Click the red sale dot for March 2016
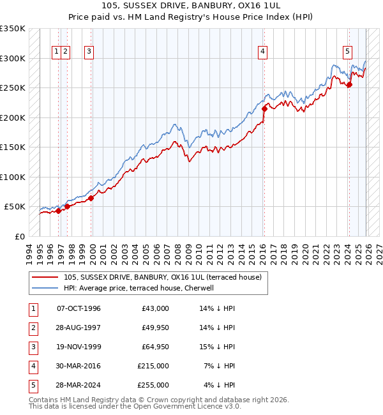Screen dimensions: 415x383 (x=264, y=109)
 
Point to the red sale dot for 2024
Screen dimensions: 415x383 (x=349, y=85)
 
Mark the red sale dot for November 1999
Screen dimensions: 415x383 (x=91, y=198)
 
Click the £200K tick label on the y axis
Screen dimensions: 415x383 (x=13, y=117)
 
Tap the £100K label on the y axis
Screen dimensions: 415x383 (x=13, y=177)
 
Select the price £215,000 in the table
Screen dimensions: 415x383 (x=153, y=366)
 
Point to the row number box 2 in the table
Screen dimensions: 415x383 (x=33, y=328)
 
